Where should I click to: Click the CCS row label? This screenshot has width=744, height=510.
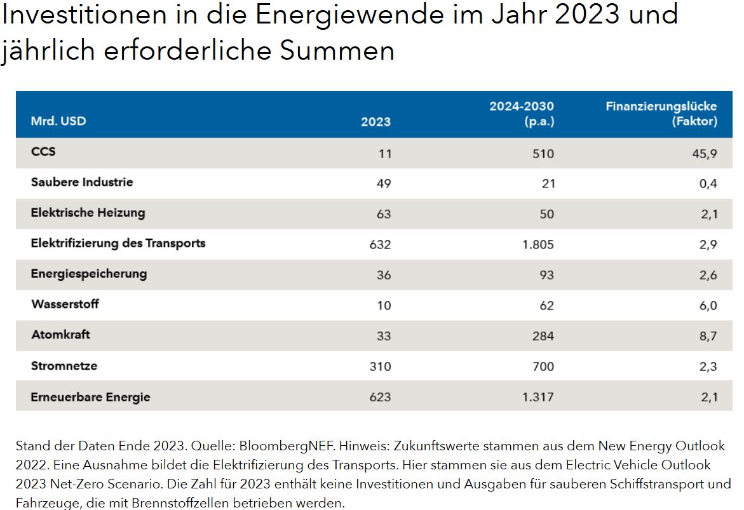43,152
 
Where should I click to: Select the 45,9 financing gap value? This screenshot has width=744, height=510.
704,154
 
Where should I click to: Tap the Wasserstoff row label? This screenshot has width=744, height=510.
65,304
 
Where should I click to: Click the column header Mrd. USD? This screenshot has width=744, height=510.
58,121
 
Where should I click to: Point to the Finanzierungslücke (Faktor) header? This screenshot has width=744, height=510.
661,114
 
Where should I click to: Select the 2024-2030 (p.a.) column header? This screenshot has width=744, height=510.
522,114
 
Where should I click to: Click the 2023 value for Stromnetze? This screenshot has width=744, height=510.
380,366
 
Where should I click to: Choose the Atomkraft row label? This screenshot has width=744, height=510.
60,335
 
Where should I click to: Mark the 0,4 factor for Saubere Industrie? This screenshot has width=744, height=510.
708,184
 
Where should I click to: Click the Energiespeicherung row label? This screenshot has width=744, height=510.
88,274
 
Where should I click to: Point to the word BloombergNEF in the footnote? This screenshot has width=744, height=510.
256,446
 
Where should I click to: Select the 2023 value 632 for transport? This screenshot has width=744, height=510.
380,245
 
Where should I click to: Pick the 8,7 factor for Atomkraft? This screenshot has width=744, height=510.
708,336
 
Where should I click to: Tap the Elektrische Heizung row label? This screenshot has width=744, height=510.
88,213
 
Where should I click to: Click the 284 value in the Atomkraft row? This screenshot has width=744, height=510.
543,336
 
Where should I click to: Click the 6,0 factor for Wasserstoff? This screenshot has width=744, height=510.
708,305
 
